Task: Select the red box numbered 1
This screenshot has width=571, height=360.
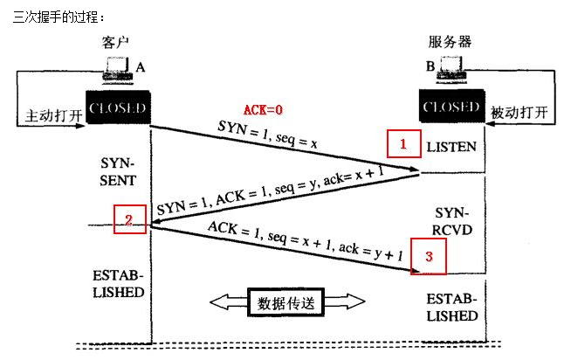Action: point(402,144)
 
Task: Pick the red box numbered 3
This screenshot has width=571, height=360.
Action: point(427,256)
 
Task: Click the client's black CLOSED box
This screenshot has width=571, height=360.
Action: point(117,107)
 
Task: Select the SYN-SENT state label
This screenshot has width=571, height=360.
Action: point(118,172)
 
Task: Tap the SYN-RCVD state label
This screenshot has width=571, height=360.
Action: point(451,221)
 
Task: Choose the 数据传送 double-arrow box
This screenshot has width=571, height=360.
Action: point(285,302)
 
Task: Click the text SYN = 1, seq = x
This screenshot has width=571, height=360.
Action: point(266,136)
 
